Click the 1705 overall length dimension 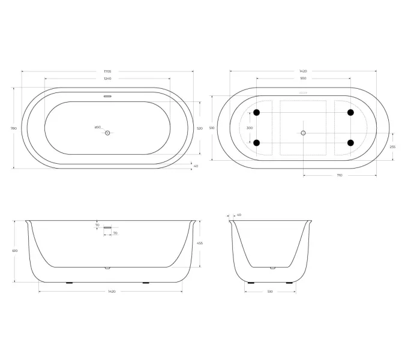[107, 71]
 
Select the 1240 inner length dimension [107, 79]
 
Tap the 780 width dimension [13, 128]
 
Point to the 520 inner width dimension [200, 128]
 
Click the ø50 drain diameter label [97, 127]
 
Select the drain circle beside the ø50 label [108, 133]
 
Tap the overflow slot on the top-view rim [108, 95]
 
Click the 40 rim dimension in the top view [196, 166]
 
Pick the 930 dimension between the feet [303, 79]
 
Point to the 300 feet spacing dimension [250, 128]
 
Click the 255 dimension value [392, 147]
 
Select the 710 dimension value [339, 175]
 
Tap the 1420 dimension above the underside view [303, 71]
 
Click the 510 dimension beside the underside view [212, 128]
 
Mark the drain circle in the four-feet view [303, 133]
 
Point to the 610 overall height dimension [14, 250]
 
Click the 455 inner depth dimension [200, 243]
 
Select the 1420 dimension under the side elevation [111, 292]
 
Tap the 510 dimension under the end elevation [270, 292]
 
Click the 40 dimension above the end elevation [239, 214]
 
